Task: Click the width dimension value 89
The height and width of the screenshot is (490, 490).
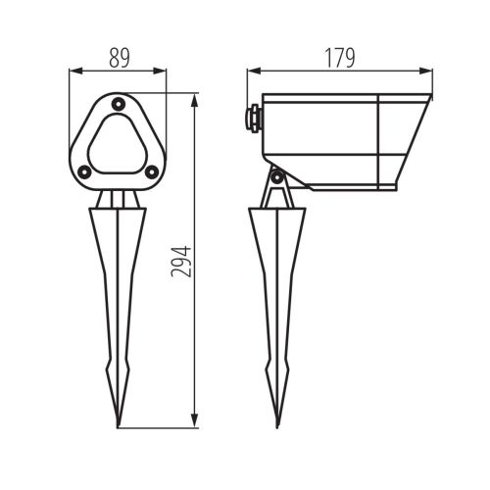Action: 118,58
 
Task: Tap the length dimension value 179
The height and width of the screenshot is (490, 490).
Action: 339,58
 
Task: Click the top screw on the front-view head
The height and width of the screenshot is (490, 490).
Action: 118,103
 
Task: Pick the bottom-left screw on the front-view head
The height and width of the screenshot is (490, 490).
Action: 84,172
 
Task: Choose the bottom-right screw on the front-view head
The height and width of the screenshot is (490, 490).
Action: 151,172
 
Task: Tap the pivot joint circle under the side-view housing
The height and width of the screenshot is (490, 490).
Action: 277,177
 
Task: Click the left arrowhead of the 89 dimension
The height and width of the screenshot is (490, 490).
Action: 73,71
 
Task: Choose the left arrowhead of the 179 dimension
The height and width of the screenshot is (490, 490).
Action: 251,71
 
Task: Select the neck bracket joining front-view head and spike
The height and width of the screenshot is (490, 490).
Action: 118,199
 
